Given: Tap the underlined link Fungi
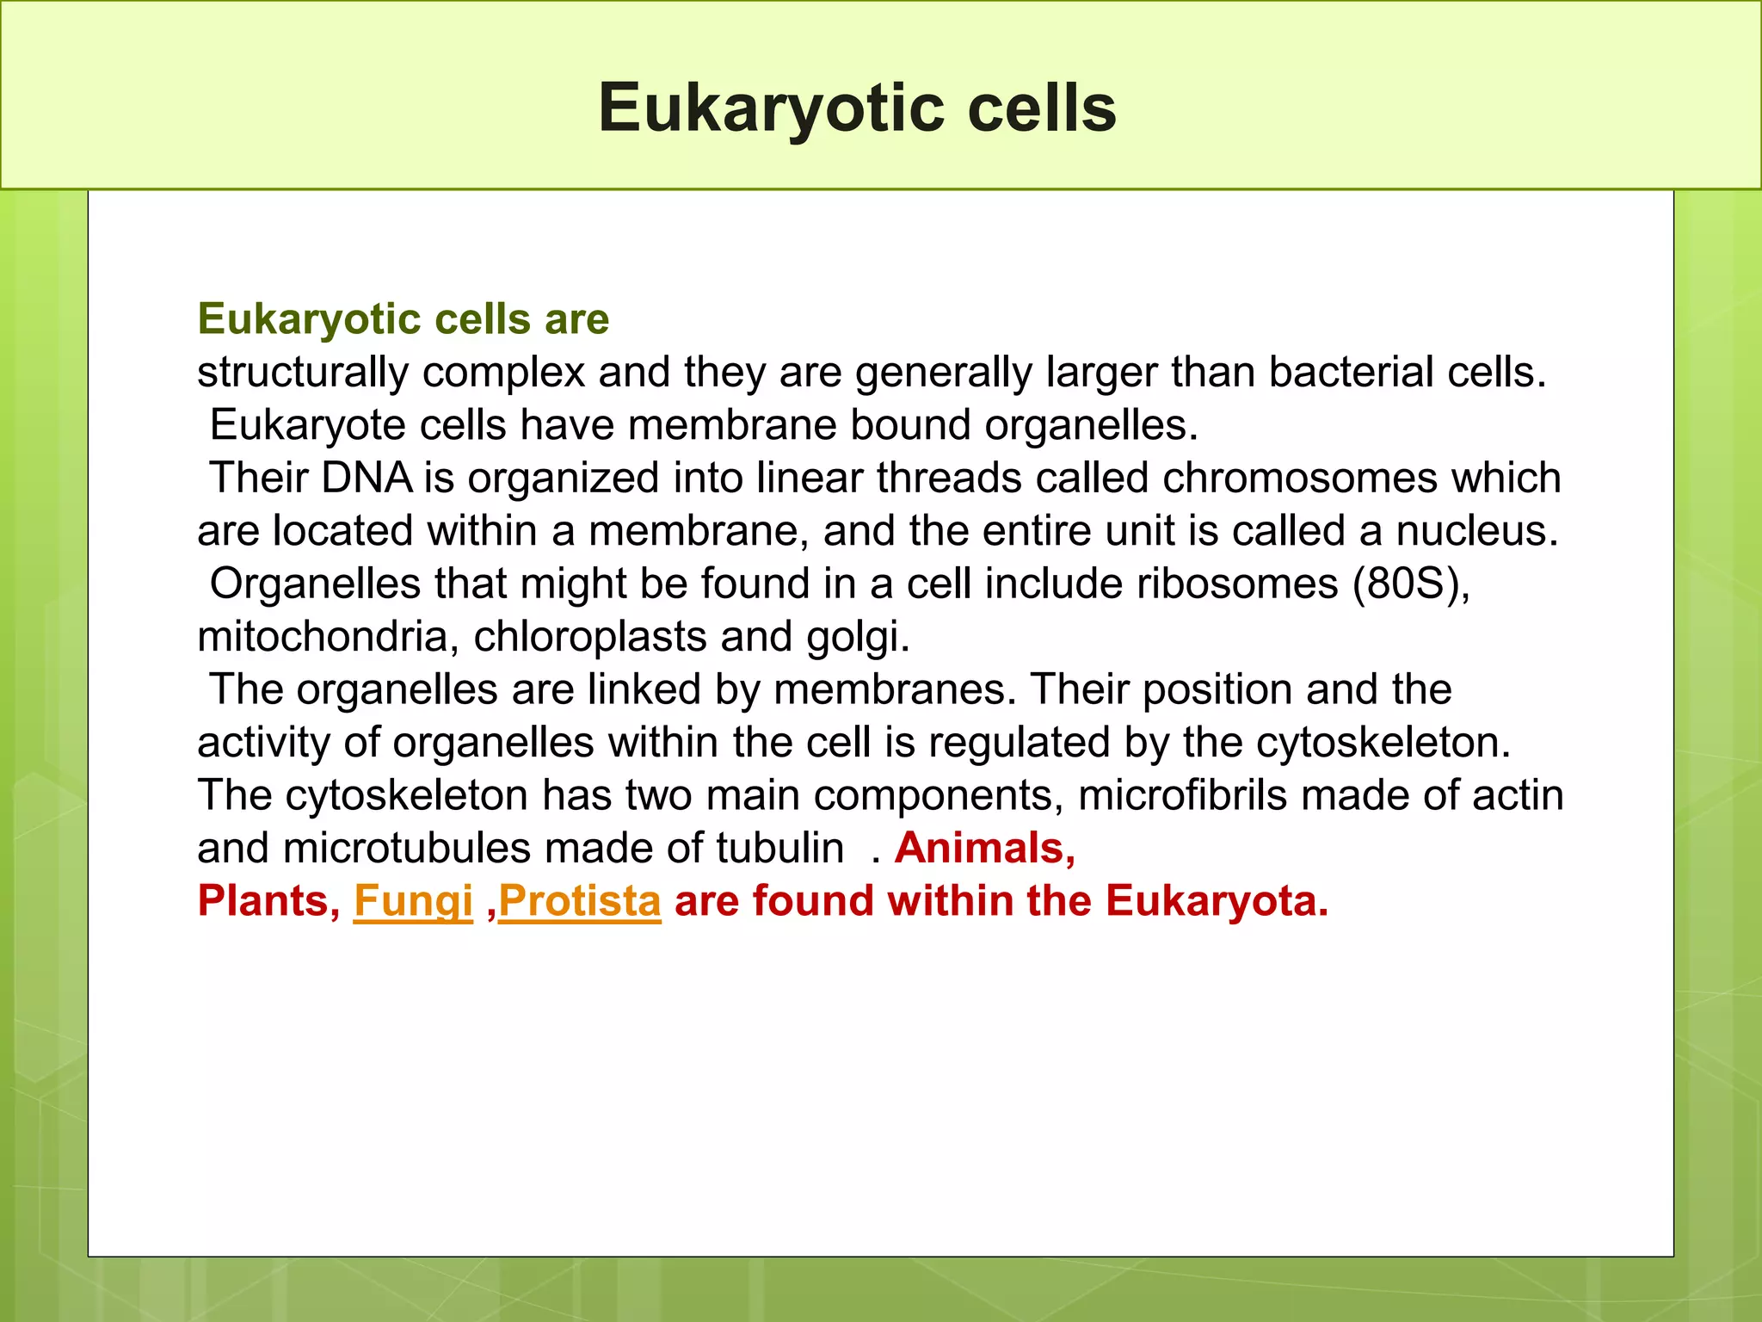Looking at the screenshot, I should [x=413, y=901].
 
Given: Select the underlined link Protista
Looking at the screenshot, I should [x=580, y=901].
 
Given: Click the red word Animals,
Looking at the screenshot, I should [x=985, y=848].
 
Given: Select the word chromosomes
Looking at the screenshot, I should [x=1299, y=478].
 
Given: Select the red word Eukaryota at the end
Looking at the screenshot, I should [x=1216, y=901].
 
